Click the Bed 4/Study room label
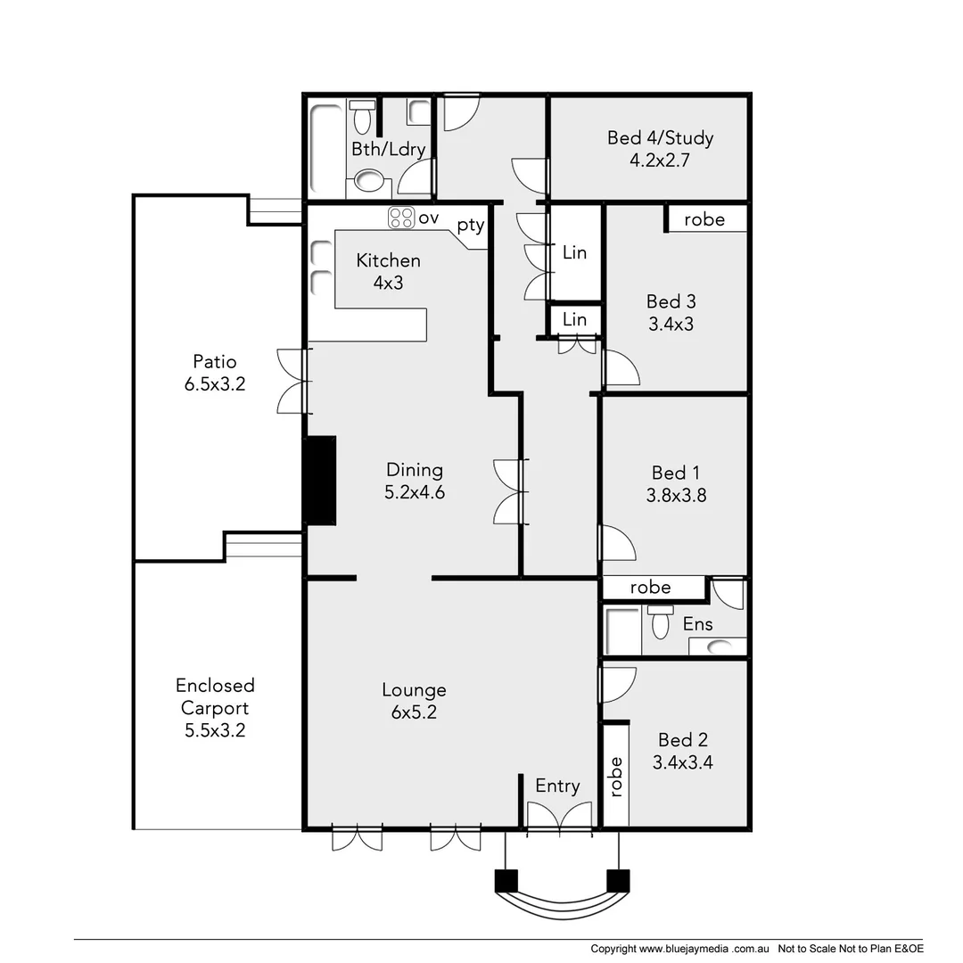[660, 149]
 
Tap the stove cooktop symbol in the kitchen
[401, 218]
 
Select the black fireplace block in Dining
[320, 480]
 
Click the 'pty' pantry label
[470, 226]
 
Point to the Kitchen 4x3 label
[388, 271]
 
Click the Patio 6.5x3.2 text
[215, 373]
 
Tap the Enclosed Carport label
[215, 708]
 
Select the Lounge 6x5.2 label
[414, 700]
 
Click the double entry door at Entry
[559, 818]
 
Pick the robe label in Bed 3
[704, 219]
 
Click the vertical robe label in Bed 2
[615, 776]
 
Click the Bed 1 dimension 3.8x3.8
[676, 495]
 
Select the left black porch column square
[506, 880]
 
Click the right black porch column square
[618, 880]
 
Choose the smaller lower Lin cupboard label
[575, 319]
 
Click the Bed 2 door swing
[618, 684]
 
